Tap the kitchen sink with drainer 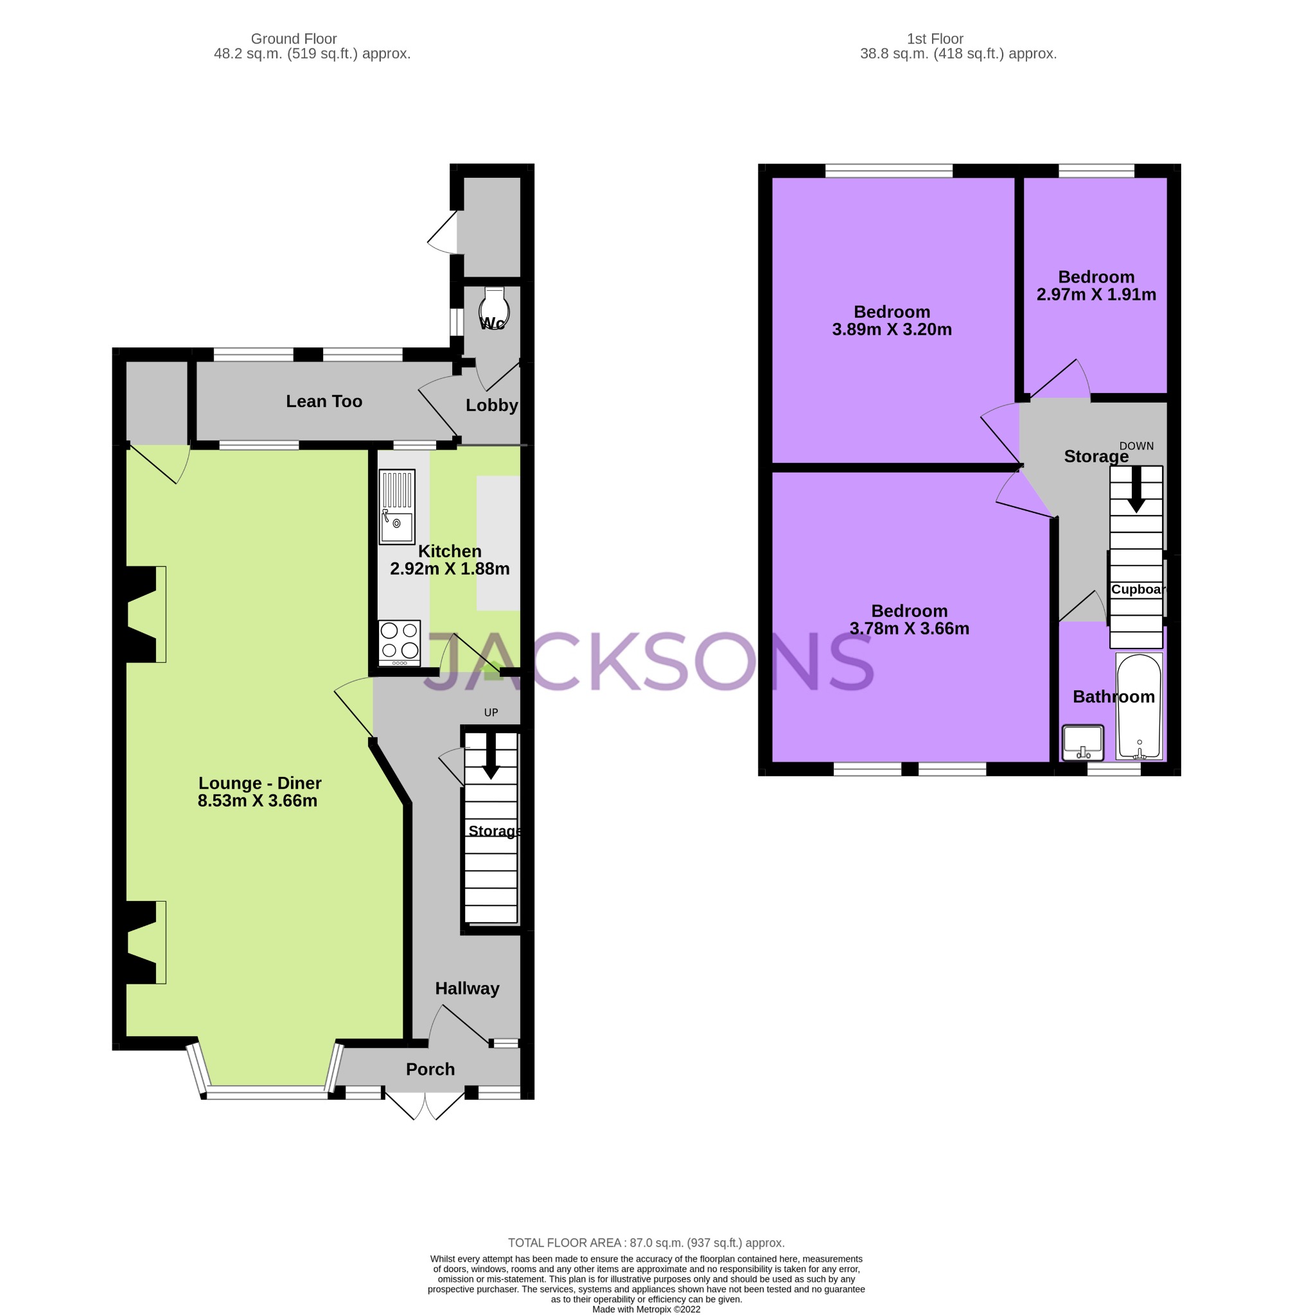pos(396,507)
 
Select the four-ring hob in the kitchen pos(400,642)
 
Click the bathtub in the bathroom pos(1139,706)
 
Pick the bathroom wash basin pos(1082,742)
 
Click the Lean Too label pos(324,401)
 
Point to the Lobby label pos(491,405)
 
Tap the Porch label pos(430,1069)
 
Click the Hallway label pos(467,988)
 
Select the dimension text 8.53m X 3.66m pos(258,801)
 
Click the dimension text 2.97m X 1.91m pos(1095,295)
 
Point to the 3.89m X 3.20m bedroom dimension pos(892,329)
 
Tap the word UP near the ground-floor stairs pos(491,712)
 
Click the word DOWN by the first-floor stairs pos(1136,446)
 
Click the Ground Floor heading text pos(294,39)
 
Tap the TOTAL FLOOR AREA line pos(646,1243)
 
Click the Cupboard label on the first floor pos(1138,589)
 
